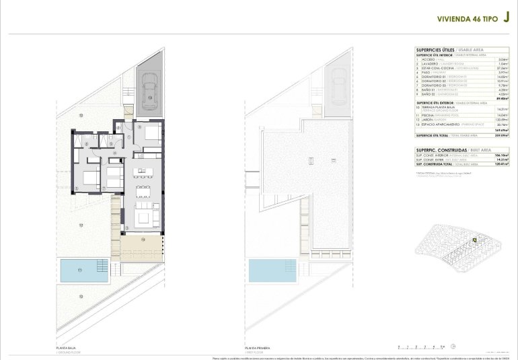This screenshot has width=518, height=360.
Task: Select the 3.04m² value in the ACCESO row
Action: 502,59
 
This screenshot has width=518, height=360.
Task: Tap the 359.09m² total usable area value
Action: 501,136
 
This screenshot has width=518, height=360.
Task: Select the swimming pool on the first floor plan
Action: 272,271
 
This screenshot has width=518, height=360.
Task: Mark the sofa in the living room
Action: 144,215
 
